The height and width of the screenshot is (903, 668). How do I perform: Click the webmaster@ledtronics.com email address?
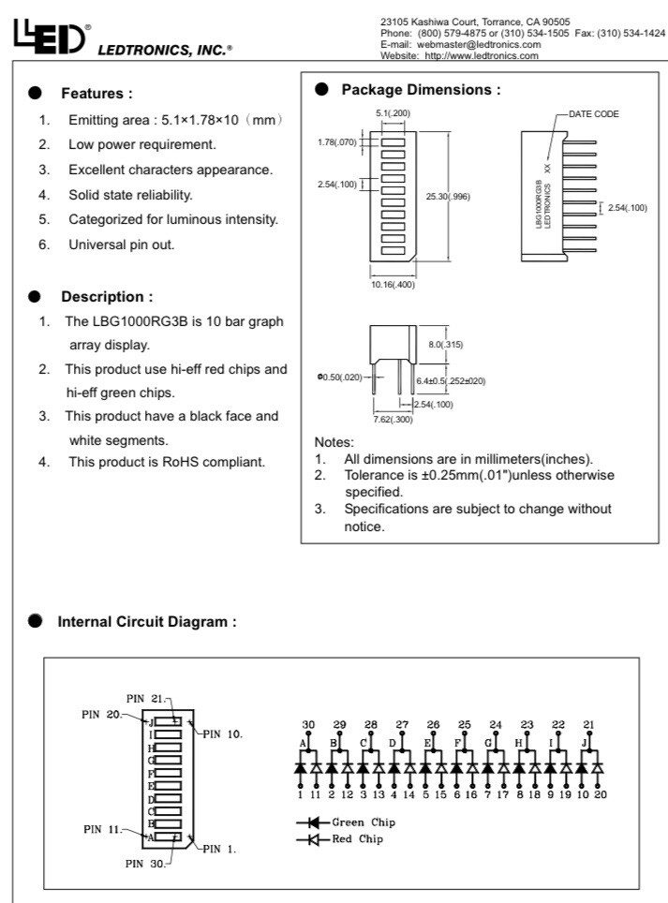point(487,44)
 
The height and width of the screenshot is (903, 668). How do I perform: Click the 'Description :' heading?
point(106,297)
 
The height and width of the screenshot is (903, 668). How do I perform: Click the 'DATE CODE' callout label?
point(600,113)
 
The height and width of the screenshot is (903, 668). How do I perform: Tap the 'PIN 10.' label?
point(224,733)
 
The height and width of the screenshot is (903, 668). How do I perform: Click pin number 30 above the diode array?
point(308,725)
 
